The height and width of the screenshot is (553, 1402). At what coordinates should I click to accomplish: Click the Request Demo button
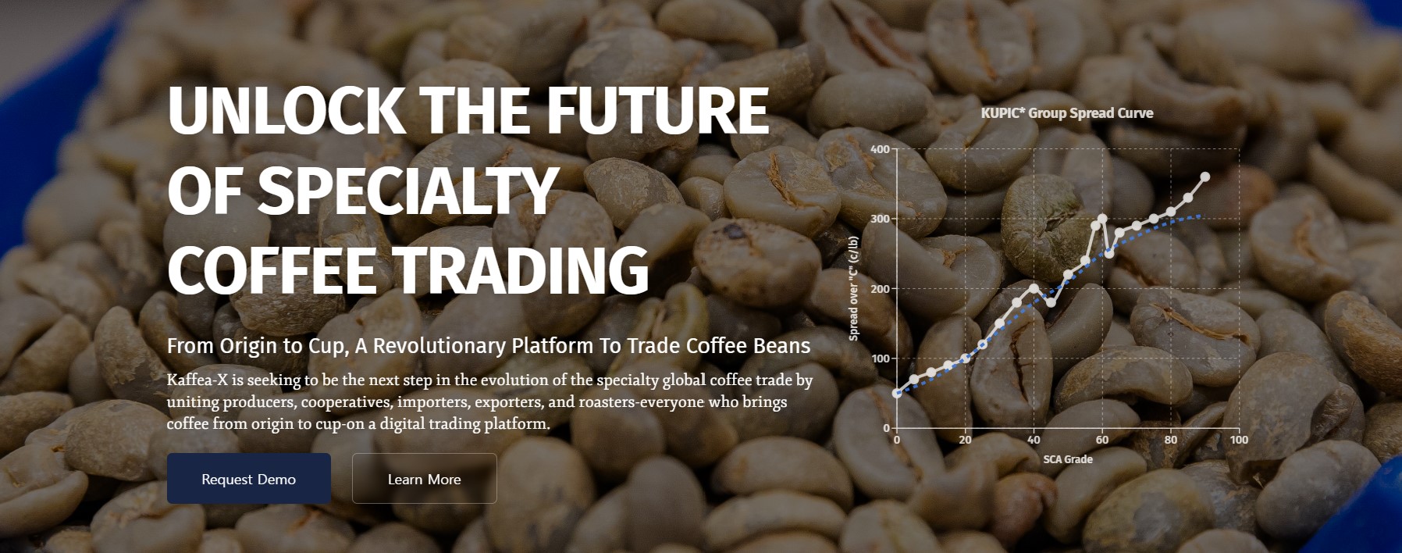pyautogui.click(x=248, y=479)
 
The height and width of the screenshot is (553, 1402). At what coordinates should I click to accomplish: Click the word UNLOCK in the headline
pyautogui.click(x=285, y=110)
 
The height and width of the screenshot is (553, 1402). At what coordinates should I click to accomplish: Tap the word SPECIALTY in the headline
pyautogui.click(x=407, y=190)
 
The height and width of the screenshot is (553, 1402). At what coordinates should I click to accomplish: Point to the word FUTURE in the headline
pyautogui.click(x=657, y=110)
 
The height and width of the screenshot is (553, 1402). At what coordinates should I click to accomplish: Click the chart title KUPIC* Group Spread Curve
pyautogui.click(x=1067, y=113)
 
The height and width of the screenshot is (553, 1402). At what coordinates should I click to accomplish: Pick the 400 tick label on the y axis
pyautogui.click(x=880, y=149)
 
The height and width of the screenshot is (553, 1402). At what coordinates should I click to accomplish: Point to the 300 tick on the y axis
pyautogui.click(x=880, y=219)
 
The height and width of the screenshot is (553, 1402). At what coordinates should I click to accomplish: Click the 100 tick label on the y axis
pyautogui.click(x=880, y=359)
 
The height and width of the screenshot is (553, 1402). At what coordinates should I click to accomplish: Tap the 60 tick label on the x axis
pyautogui.click(x=1102, y=440)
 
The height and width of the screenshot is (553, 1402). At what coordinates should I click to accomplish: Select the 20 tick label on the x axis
pyautogui.click(x=966, y=440)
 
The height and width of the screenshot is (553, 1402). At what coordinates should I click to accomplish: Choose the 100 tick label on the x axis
pyautogui.click(x=1239, y=440)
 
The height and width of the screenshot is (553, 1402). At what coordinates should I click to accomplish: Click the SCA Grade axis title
pyautogui.click(x=1068, y=459)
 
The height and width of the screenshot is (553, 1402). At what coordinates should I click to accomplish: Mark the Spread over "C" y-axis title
pyautogui.click(x=853, y=288)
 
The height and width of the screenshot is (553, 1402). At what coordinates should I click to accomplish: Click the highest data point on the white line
pyautogui.click(x=1205, y=177)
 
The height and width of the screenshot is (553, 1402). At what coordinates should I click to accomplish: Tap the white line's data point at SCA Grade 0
pyautogui.click(x=897, y=393)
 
